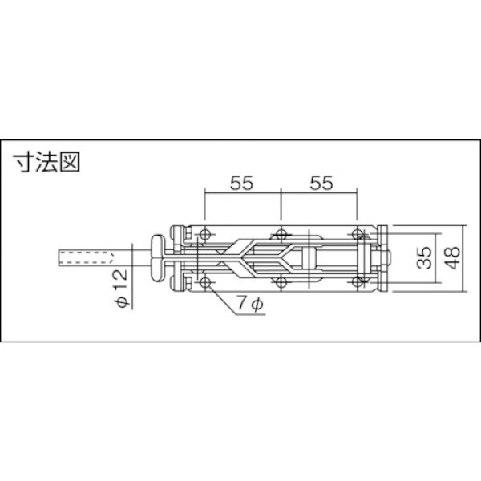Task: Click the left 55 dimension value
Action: [243, 184]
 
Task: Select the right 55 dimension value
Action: [321, 184]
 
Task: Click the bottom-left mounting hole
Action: [205, 283]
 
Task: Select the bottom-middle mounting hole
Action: [281, 283]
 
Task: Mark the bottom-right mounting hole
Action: [358, 283]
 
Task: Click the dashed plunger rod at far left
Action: [88, 259]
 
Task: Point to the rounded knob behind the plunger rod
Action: [160, 259]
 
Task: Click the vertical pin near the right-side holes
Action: [370, 258]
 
